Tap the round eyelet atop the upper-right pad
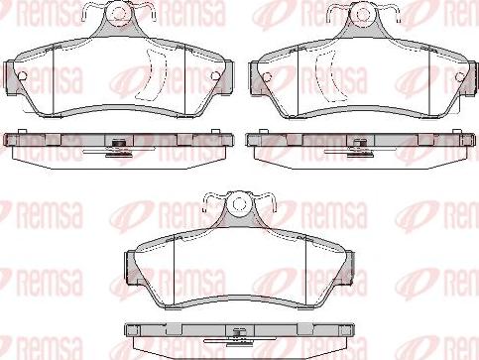pyautogui.click(x=363, y=15)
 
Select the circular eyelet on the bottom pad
pyautogui.click(x=239, y=204)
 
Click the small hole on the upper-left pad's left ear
pyautogui.click(x=22, y=76)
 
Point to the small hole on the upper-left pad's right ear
pyautogui.click(x=215, y=76)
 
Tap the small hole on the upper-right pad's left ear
pyautogui.click(x=267, y=77)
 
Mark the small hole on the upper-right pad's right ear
pyautogui.click(x=460, y=77)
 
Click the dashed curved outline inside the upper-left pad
pyautogui.click(x=153, y=74)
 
